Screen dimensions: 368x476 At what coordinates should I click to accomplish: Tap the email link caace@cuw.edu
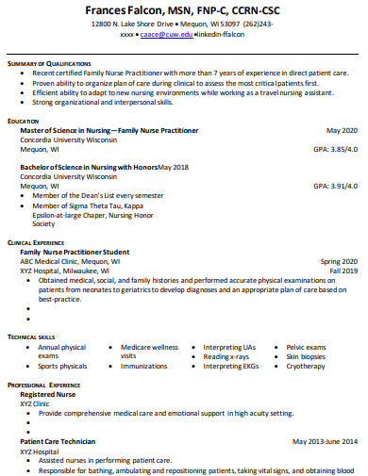166,33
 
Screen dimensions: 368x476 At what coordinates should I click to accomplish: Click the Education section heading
23,122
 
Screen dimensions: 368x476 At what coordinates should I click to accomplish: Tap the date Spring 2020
339,261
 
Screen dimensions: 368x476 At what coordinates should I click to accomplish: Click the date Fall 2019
343,271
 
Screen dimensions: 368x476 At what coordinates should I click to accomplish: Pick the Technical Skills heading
31,336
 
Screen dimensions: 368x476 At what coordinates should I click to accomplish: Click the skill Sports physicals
62,366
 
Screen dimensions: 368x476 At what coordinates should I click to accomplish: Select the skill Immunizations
143,366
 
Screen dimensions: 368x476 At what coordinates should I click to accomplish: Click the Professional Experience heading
43,386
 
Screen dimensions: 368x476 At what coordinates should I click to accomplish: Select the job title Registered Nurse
47,394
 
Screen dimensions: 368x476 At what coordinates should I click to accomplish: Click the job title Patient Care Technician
58,440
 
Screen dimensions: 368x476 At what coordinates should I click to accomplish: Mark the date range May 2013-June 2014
325,440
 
